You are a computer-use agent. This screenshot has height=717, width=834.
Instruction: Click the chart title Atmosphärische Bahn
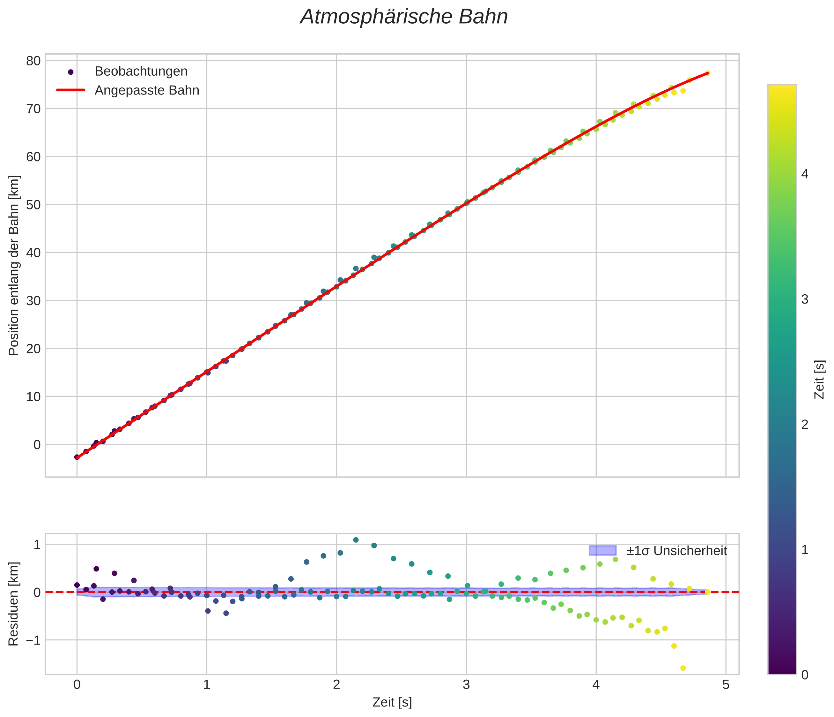click(404, 17)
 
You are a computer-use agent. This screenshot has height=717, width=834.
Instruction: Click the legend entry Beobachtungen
click(141, 71)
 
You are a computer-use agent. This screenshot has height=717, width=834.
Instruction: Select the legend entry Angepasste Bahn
click(147, 90)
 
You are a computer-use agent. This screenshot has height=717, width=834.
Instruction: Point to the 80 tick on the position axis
click(34, 61)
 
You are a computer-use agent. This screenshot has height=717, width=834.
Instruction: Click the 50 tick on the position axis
click(34, 205)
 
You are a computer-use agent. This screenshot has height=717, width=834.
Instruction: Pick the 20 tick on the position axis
click(34, 348)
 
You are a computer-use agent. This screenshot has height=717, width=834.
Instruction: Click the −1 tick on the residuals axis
click(31, 640)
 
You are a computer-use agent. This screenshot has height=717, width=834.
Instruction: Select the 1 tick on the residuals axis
click(37, 545)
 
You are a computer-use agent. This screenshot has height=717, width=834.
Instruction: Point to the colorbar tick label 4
click(805, 174)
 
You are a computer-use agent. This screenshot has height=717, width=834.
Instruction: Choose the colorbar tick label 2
click(805, 425)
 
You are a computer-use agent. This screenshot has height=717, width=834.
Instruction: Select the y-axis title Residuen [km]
click(14, 603)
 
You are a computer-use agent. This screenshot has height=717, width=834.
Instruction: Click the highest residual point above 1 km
click(356, 540)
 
